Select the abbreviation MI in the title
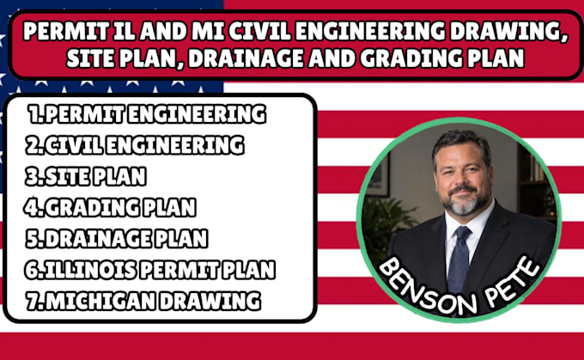[208, 31]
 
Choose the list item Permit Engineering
[148, 114]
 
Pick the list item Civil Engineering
[135, 145]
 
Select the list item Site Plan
[86, 176]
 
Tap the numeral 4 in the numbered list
[31, 207]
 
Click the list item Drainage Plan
[117, 239]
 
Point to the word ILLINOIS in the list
[90, 270]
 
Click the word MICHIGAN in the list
[100, 301]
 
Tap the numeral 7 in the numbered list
[33, 301]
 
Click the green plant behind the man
[384, 223]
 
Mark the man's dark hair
[462, 143]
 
